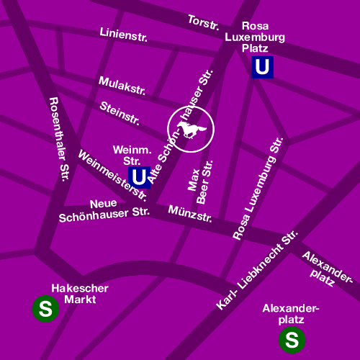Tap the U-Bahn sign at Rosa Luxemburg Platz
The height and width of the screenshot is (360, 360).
(x=263, y=68)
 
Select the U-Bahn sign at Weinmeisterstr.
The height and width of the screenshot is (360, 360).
(x=140, y=176)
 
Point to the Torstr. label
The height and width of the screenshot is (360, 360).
(x=204, y=22)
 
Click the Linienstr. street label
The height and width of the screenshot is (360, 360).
(x=123, y=34)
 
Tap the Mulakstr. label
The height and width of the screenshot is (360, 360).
(x=123, y=85)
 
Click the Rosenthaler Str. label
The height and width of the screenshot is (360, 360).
(x=55, y=137)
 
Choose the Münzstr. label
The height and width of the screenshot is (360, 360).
(x=189, y=213)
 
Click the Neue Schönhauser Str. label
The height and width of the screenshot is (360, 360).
(x=104, y=209)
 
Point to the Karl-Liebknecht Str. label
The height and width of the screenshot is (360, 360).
(x=257, y=271)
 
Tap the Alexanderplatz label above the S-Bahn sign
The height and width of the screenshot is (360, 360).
(x=290, y=313)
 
